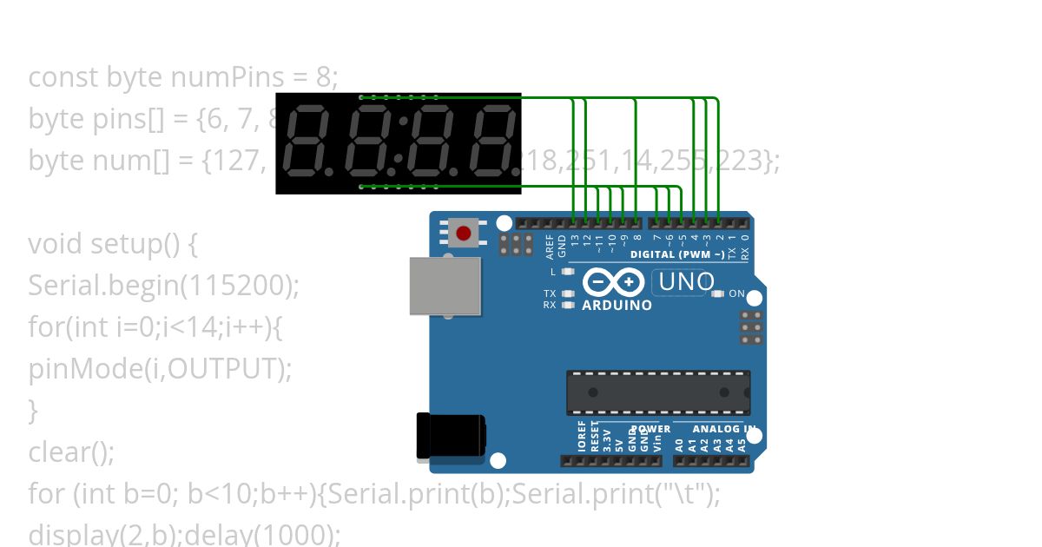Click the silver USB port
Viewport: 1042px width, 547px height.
click(x=445, y=286)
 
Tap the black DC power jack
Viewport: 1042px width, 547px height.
click(x=450, y=435)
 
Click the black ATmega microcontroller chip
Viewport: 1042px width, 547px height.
click(x=657, y=392)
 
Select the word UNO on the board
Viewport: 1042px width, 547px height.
click(x=686, y=282)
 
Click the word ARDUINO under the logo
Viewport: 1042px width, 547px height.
click(x=617, y=306)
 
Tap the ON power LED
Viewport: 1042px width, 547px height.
click(x=717, y=294)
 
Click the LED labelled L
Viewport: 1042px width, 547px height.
click(x=569, y=272)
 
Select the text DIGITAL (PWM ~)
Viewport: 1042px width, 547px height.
click(x=677, y=255)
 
